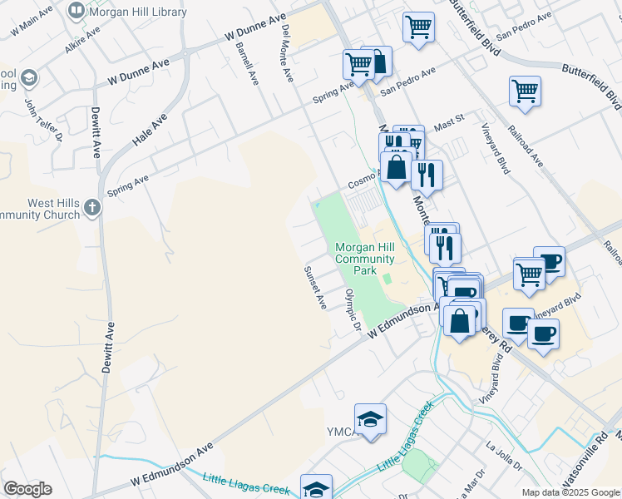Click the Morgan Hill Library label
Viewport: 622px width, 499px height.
tap(136, 11)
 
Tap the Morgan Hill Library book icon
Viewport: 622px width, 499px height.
tap(77, 11)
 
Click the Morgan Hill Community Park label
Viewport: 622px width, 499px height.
tap(364, 259)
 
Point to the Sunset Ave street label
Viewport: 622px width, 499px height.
tap(315, 288)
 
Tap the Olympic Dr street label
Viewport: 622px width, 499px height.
tap(353, 311)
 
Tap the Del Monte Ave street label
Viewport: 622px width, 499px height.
tap(288, 52)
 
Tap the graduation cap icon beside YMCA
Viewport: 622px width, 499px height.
tap(370, 418)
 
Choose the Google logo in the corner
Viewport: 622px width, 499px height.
tap(27, 489)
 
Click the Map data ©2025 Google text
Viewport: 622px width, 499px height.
tap(570, 492)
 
